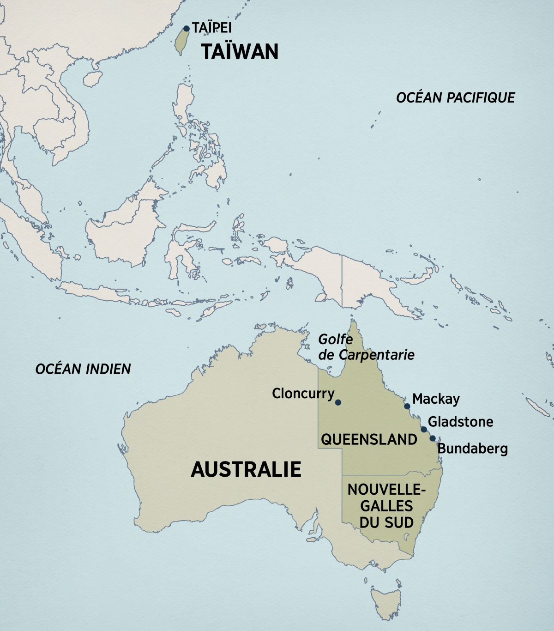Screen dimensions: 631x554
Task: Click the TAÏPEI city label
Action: pos(212,28)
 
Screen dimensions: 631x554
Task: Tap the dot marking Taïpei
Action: pos(187,29)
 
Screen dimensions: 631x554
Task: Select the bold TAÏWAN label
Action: pos(240,51)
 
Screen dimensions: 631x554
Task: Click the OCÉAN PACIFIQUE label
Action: pos(455,97)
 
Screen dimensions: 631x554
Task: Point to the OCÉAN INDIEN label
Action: pos(83,369)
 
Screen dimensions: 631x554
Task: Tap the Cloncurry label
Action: pos(303,394)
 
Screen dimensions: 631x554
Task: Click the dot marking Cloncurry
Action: pos(338,402)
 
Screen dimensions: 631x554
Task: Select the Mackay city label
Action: pos(436,399)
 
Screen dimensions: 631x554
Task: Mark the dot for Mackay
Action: pos(407,407)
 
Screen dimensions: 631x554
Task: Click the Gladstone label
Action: pos(460,422)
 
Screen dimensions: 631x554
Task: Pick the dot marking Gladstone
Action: pos(424,429)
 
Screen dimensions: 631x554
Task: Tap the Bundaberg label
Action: pos(472,448)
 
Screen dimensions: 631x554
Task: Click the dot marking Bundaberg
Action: pos(433,438)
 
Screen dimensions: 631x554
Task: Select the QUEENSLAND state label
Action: pos(369,439)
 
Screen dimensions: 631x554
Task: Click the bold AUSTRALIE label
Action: pos(246,469)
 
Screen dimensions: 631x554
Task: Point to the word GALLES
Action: pos(386,506)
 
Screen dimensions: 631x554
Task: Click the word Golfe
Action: pos(336,340)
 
